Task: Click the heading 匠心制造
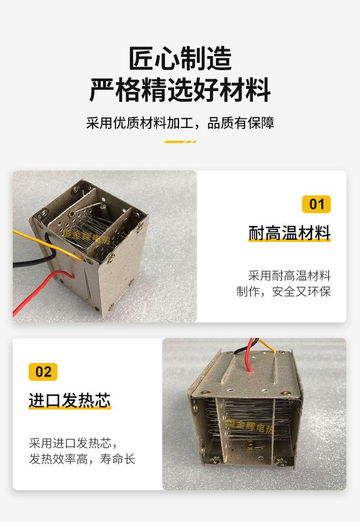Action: pyautogui.click(x=180, y=58)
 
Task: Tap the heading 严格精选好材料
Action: pyautogui.click(x=180, y=90)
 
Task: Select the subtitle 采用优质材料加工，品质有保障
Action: pyautogui.click(x=180, y=123)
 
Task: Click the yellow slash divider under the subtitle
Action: pyautogui.click(x=180, y=142)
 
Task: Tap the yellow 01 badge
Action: pyautogui.click(x=316, y=204)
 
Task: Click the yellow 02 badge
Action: pyautogui.click(x=43, y=372)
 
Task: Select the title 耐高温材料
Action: pyautogui.click(x=289, y=233)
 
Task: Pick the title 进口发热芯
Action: pyautogui.click(x=70, y=400)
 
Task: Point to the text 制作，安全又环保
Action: pyautogui.click(x=283, y=292)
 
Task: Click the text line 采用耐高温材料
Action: pyautogui.click(x=289, y=275)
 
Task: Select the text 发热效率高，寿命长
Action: pyautogui.click(x=82, y=459)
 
